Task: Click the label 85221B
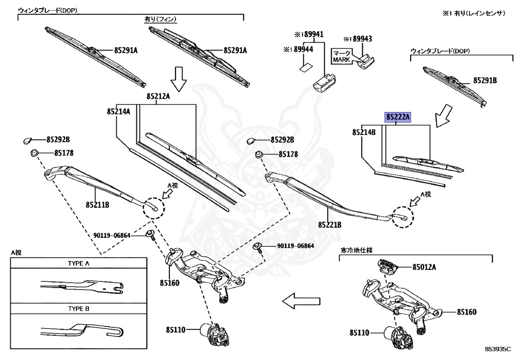pyautogui.click(x=330, y=224)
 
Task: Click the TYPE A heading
pyautogui.click(x=78, y=264)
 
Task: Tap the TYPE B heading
pyautogui.click(x=78, y=309)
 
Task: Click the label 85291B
pyautogui.click(x=485, y=80)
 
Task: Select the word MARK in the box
pyautogui.click(x=341, y=60)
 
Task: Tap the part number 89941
pyautogui.click(x=312, y=35)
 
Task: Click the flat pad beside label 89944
pyautogui.click(x=305, y=65)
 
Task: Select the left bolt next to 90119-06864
pyautogui.click(x=151, y=234)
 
